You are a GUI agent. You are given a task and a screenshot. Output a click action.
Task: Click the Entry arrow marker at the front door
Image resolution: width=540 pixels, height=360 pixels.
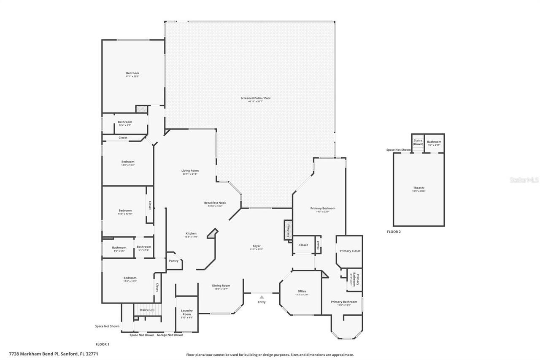[262, 297]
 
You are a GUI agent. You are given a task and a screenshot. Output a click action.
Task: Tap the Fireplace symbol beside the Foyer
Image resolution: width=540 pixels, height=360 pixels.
[288, 230]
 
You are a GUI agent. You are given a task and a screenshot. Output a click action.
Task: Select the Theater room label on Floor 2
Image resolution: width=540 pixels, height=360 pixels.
[418, 188]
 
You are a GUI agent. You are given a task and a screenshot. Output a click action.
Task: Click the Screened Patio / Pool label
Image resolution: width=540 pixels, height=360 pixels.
[255, 98]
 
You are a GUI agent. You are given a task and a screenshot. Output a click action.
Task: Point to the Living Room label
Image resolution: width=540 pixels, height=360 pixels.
[190, 171]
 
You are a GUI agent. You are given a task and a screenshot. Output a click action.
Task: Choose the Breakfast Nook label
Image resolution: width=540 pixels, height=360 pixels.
[215, 203]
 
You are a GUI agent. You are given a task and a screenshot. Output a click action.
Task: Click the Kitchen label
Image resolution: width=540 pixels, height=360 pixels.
[191, 233]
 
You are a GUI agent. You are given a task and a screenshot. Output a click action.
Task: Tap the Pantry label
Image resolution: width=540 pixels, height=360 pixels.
[174, 261]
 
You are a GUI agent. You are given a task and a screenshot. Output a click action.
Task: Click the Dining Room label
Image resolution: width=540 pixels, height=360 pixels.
[221, 286]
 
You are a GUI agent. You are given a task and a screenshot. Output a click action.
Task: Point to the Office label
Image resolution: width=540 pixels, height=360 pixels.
[302, 291]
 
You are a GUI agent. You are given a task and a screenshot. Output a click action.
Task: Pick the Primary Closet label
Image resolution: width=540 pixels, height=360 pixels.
[350, 251]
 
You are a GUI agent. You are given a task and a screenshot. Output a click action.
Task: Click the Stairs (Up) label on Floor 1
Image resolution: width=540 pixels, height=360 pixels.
[147, 310]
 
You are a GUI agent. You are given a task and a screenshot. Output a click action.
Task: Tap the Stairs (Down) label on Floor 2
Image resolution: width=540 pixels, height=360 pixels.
[418, 142]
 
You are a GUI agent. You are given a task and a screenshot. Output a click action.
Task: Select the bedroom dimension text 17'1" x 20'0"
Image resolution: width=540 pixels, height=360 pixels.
[132, 76]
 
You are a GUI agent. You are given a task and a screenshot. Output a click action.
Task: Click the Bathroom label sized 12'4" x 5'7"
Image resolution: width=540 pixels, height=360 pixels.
[125, 122]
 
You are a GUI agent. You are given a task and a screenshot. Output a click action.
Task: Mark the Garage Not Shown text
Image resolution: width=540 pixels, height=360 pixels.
[170, 335]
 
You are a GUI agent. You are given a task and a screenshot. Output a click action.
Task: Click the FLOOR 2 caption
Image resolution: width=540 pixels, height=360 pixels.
[394, 232]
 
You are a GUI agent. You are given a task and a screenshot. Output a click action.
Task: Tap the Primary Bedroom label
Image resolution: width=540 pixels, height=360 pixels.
[322, 208]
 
